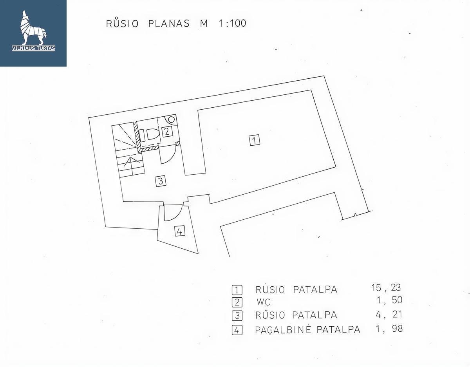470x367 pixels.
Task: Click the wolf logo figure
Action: (x=34, y=28)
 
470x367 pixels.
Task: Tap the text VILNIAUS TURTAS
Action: (x=34, y=48)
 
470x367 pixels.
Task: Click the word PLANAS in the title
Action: (x=169, y=24)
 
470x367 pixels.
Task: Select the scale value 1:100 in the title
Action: (x=233, y=24)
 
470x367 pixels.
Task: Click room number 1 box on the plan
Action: (x=255, y=140)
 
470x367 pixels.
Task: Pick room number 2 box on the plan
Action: (x=167, y=131)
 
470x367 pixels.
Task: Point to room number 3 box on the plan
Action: (x=161, y=181)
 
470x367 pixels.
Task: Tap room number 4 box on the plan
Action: (x=180, y=231)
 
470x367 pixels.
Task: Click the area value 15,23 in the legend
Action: (x=386, y=288)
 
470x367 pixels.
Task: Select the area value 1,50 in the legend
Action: (x=389, y=300)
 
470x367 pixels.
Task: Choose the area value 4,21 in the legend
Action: (x=389, y=315)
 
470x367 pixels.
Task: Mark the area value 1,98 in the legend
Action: (x=389, y=329)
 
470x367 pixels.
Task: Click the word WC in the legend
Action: (x=263, y=302)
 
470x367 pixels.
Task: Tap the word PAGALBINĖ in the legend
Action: (x=283, y=329)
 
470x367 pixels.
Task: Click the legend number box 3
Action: (x=237, y=316)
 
